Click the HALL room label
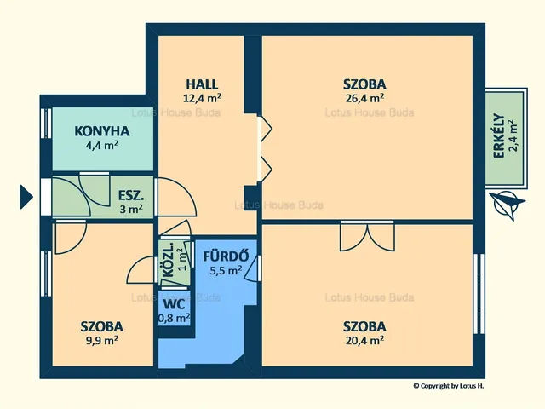coord(202,84)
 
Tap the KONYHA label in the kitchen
coord(102,131)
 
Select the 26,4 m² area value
coord(364,98)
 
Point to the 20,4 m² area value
coord(364,340)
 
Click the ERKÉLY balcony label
coord(499,136)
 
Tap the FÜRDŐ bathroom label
coord(226,256)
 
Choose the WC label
coord(174,304)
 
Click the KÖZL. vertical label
coord(168,260)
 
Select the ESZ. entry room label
coord(131,195)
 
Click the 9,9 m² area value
coord(102,340)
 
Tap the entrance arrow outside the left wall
coord(26,197)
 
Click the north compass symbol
coord(507,204)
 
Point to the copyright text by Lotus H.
coord(449,386)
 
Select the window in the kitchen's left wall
coord(46,124)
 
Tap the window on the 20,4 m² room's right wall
coord(479,294)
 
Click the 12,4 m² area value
coord(202,98)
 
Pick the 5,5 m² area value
coord(226,270)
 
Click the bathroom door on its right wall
coord(253,268)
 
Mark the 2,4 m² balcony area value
coord(513,136)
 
